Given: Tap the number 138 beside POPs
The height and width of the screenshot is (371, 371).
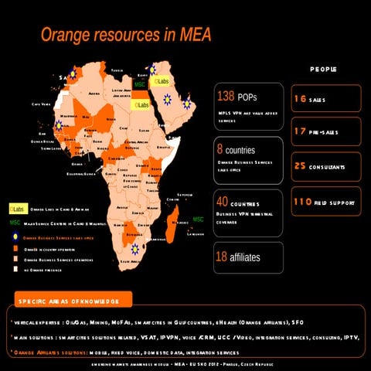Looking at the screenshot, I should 226,97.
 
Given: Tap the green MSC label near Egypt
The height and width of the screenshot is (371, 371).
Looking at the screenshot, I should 140,83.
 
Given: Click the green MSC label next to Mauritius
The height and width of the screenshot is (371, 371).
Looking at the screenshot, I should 198,220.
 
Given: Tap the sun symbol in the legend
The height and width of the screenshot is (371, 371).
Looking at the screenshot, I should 14,238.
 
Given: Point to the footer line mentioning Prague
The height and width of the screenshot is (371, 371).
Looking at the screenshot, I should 185,364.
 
